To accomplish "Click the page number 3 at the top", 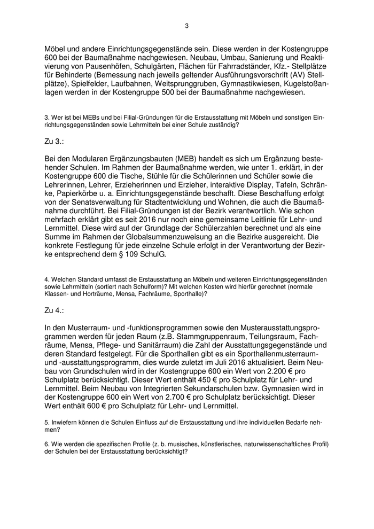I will coord(186,26).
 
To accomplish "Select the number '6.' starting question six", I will coord(47,445).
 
